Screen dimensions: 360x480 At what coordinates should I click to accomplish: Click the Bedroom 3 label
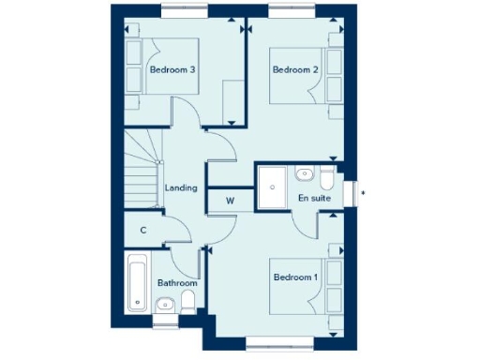click(x=172, y=69)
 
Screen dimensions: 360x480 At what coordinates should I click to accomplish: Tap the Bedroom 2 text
click(x=295, y=69)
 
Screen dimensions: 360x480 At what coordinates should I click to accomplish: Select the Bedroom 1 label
click(x=295, y=277)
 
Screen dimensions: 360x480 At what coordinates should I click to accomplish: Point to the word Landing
click(x=181, y=187)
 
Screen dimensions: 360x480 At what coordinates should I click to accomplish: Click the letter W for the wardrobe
click(x=230, y=200)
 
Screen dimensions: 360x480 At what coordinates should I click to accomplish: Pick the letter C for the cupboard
click(x=143, y=230)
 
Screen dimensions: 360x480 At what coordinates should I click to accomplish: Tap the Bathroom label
click(x=177, y=282)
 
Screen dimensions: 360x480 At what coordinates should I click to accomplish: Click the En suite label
click(x=313, y=199)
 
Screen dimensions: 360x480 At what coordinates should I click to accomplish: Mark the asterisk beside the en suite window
click(x=363, y=194)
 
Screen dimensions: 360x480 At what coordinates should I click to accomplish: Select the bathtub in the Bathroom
click(x=138, y=284)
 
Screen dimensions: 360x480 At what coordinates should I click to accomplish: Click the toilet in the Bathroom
click(x=187, y=301)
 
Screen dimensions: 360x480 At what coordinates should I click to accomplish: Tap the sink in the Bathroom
click(x=165, y=303)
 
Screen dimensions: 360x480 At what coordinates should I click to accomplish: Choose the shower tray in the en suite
click(x=273, y=182)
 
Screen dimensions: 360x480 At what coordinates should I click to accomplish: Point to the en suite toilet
click(x=325, y=176)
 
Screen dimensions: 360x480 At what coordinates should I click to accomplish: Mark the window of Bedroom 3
click(x=185, y=11)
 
